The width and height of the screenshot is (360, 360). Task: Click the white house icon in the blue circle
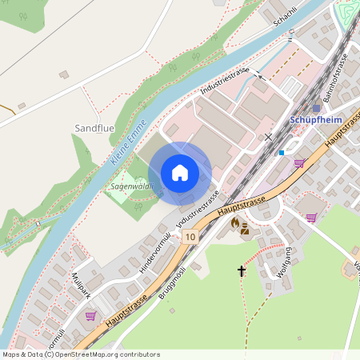pos(179,172)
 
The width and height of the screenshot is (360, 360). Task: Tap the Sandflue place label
pos(94,127)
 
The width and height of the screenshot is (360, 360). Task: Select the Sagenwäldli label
pos(131,186)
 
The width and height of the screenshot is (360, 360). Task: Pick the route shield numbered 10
pos(190,237)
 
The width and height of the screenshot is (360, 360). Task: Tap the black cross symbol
pos(242,271)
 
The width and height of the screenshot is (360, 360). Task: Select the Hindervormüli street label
pos(154,252)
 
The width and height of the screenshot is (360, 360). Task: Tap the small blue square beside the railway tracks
pos(282,151)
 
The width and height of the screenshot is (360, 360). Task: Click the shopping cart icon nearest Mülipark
pos(90,316)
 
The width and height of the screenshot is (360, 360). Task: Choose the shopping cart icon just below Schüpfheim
pos(300,163)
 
